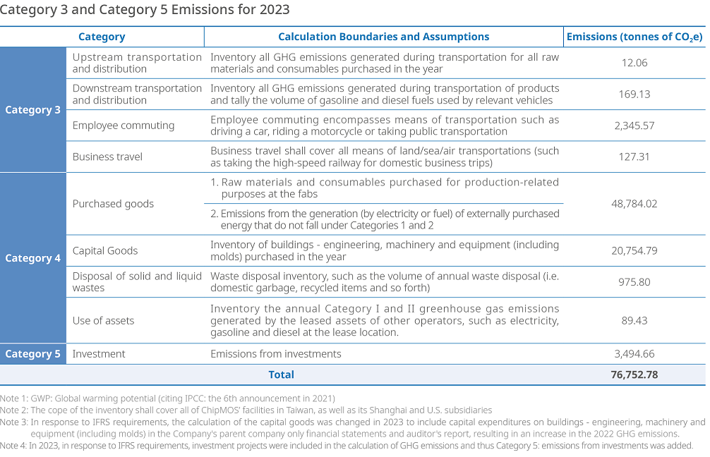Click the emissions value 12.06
point(634,63)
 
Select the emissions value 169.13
point(634,94)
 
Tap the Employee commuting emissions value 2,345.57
point(634,126)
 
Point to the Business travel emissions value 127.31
point(634,157)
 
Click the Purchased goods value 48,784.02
point(634,204)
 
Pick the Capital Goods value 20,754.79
point(634,250)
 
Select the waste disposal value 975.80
point(634,282)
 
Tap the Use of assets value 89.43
point(634,320)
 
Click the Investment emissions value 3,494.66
point(634,354)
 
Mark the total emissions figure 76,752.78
point(634,374)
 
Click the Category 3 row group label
point(32,110)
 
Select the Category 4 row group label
point(32,258)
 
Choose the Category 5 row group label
point(32,354)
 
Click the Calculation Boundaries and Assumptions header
point(383,37)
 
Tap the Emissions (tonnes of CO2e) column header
point(634,37)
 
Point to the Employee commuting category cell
point(124,126)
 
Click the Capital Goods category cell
point(105,250)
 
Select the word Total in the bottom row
point(281,374)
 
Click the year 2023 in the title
point(275,9)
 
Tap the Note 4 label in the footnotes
point(13,446)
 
